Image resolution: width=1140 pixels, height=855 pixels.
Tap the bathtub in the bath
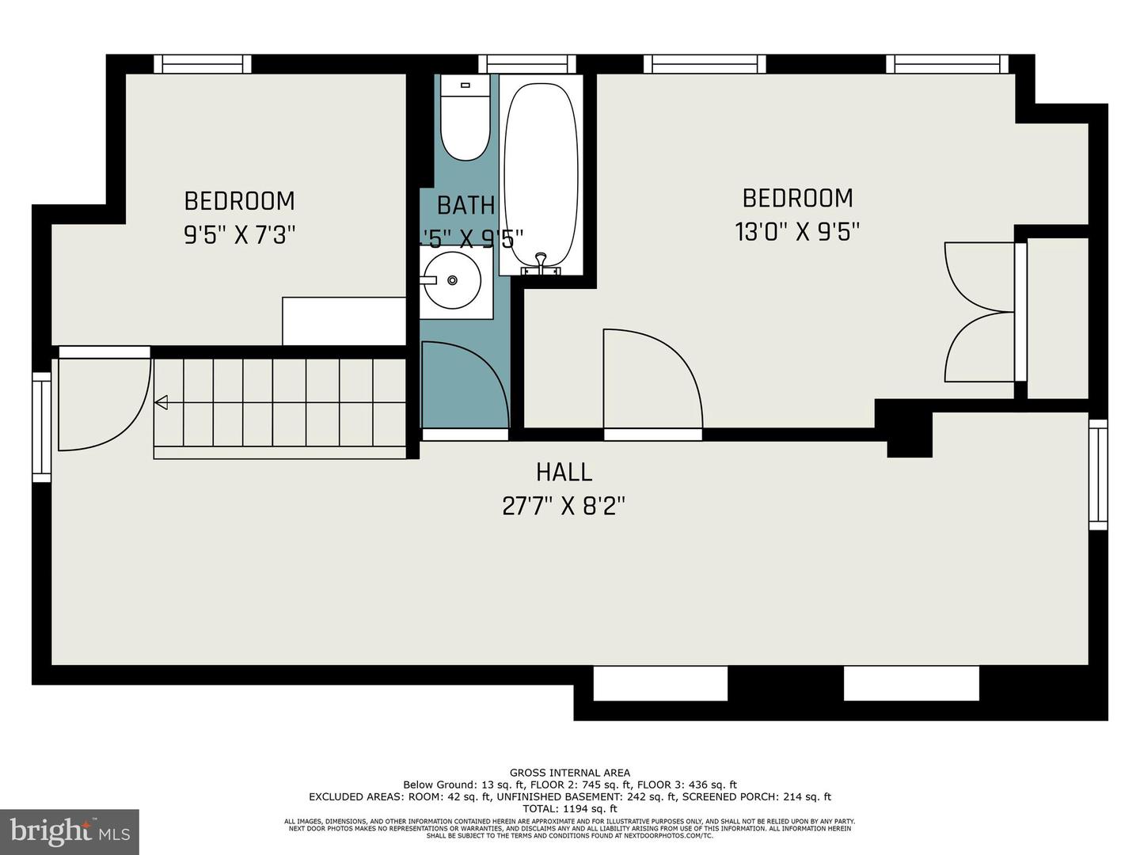click(541, 174)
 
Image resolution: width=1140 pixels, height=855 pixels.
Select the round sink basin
click(451, 280)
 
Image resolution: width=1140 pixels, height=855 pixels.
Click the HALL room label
click(564, 472)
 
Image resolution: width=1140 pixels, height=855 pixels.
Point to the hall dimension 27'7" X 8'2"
click(564, 506)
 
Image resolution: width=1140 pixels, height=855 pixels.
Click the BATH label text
click(465, 205)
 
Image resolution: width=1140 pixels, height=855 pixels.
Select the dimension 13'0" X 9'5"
click(797, 232)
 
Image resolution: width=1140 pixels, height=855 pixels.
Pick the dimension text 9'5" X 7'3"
click(239, 235)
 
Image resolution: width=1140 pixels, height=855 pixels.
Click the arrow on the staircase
click(161, 403)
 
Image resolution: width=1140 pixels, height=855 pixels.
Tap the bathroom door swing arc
click(467, 384)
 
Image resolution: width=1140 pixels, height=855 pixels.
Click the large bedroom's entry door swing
click(652, 380)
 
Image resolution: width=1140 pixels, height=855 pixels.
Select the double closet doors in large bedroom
click(979, 312)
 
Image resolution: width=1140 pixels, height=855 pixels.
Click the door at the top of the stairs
click(103, 400)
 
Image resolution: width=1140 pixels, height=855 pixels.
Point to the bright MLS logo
click(69, 831)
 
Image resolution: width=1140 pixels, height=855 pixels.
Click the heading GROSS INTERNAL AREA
click(569, 773)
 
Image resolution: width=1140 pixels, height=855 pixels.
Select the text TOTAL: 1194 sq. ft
click(569, 808)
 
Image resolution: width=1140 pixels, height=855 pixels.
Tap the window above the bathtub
click(526, 64)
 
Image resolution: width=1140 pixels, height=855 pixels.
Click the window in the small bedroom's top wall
click(202, 64)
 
